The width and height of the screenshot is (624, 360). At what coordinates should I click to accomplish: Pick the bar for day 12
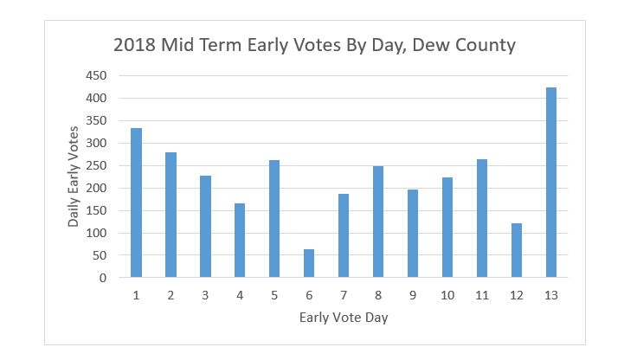click(517, 251)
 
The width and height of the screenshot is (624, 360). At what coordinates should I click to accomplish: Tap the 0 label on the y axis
click(103, 279)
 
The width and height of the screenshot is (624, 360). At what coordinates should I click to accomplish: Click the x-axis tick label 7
click(344, 295)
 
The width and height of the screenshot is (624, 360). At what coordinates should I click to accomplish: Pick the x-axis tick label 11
click(482, 295)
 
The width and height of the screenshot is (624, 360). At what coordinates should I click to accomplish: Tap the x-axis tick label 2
click(170, 295)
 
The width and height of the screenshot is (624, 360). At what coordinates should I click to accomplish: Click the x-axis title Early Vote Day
click(344, 318)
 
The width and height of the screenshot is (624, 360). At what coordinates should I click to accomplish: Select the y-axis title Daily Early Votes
click(75, 177)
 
